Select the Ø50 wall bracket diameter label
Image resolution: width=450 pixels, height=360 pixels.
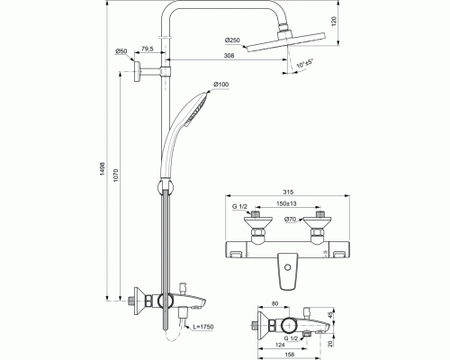click(121, 52)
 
